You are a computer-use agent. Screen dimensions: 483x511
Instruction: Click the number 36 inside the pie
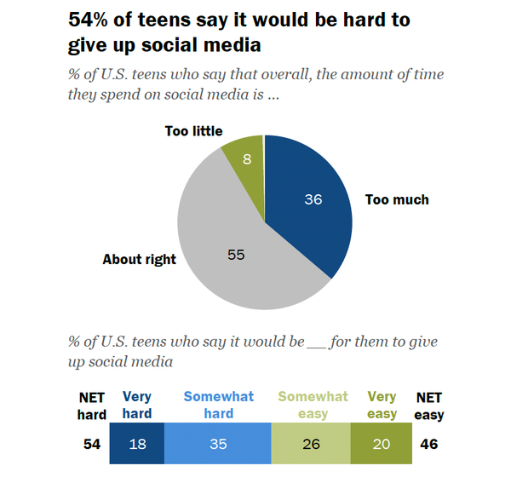(x=314, y=199)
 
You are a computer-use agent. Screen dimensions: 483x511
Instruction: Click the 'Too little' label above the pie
(x=193, y=131)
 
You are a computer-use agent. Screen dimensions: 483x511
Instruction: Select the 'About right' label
(x=140, y=259)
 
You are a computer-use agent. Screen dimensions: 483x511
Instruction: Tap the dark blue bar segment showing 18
(x=137, y=444)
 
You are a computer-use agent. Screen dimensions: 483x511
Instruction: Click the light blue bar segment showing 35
(x=217, y=444)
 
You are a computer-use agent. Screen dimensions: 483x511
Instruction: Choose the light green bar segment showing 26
(x=310, y=444)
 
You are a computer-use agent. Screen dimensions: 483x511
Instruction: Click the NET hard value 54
(x=92, y=444)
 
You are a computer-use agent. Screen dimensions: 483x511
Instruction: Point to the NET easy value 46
(x=430, y=444)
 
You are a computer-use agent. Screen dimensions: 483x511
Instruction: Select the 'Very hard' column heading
(x=137, y=405)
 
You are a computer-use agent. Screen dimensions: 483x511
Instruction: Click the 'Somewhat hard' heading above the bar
(x=217, y=405)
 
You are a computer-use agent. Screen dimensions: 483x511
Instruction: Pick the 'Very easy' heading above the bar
(x=382, y=405)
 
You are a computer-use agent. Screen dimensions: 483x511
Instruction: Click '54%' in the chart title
(x=89, y=20)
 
